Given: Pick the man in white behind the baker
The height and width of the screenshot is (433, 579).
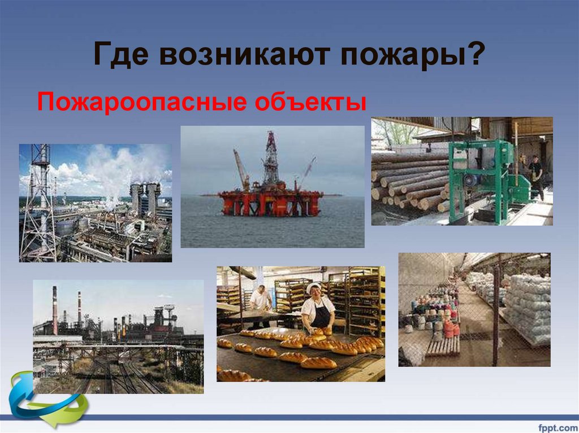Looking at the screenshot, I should pyautogui.click(x=261, y=299).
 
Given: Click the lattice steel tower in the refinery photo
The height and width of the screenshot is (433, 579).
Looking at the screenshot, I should pyautogui.click(x=38, y=203).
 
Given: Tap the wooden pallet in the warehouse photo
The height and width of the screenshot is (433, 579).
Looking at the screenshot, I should pyautogui.click(x=442, y=345).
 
